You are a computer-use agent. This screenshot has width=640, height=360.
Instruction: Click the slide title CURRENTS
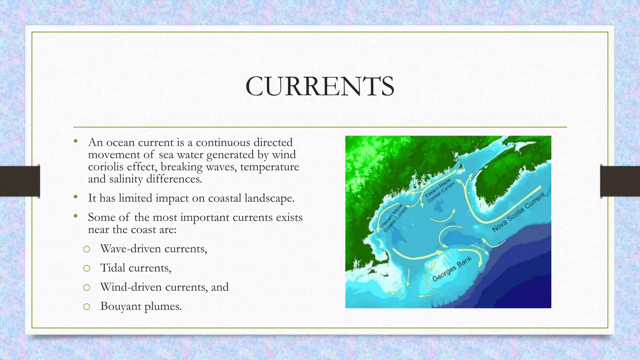[x=320, y=86]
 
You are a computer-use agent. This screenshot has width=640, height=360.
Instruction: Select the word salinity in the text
[x=126, y=179]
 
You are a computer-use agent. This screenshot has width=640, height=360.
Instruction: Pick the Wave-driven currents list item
[x=153, y=249]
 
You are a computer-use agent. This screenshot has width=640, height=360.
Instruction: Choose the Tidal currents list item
[x=136, y=268]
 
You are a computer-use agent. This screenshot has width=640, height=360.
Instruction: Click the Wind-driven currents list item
[x=164, y=287]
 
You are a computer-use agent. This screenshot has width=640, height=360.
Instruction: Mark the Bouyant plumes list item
[x=141, y=306]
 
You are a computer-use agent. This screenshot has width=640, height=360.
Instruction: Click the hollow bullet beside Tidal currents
[x=87, y=268]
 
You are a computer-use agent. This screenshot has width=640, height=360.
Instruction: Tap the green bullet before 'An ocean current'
[x=75, y=142]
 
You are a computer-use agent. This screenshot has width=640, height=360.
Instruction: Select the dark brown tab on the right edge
[x=620, y=181]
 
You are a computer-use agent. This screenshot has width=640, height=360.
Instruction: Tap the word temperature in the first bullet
[x=269, y=167]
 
